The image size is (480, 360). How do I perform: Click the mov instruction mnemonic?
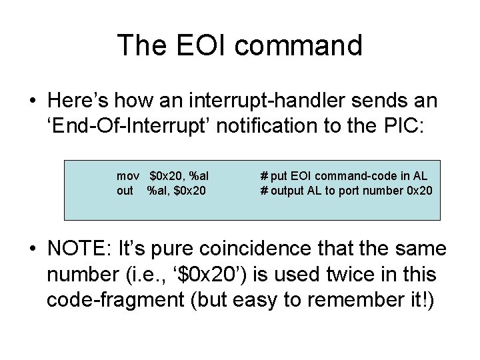[x=127, y=176]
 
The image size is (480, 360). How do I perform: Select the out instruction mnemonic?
[x=125, y=191]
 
